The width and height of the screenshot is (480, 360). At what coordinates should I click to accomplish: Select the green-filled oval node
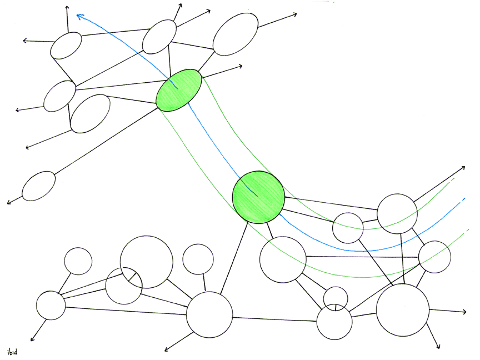pos(179,89)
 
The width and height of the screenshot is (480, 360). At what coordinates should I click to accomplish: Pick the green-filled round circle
pos(258,197)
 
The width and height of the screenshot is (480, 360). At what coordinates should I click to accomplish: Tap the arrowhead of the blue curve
pos(79,17)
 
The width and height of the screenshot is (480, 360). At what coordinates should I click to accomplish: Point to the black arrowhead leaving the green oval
pos(240,66)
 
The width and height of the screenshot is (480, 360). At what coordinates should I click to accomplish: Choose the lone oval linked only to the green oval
pos(39,186)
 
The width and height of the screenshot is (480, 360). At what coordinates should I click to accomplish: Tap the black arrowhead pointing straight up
pos(67,8)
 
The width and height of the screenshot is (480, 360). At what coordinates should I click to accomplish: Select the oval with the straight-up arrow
pos(66,46)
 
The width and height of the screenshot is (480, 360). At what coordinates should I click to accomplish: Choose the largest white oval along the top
pos(236,34)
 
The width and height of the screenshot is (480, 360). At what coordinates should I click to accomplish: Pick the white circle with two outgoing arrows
pos(403,309)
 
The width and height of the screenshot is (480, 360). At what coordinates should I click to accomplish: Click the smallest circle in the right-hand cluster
pos(336,296)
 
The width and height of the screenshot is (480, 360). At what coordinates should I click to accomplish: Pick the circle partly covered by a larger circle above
pos(123,287)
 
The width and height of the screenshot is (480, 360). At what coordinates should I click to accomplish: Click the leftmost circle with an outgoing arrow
pos(51,305)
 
